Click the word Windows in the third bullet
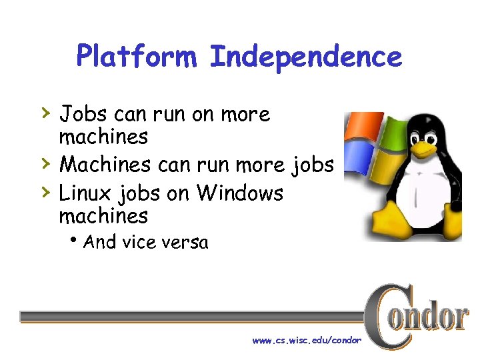point(240,193)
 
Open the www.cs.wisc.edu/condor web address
point(307,341)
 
